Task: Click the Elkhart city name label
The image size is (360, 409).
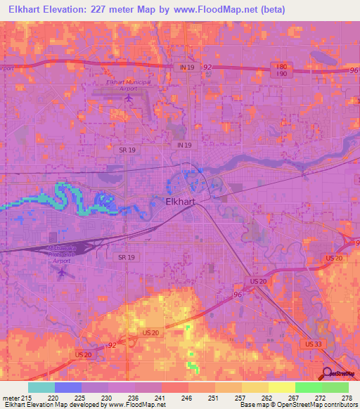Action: coord(167,200)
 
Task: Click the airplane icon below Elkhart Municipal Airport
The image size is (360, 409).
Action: coord(128,97)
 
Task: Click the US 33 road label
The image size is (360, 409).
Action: coord(313,344)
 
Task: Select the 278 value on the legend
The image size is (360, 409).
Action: coord(347,397)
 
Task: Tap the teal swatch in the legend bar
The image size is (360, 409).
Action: coord(41,387)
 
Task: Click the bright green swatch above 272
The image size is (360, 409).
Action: coord(308,387)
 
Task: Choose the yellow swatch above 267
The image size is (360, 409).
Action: coord(281,387)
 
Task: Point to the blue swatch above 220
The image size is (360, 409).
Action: coord(68,387)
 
